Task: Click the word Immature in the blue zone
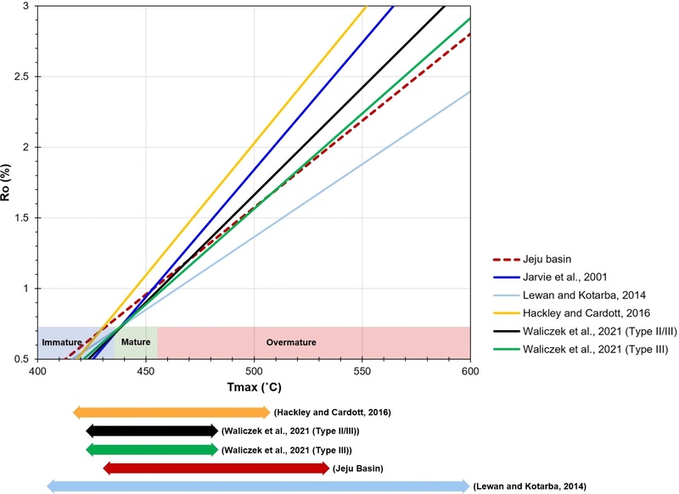62,343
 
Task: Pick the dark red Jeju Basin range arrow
216,468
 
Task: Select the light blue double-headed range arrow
258,486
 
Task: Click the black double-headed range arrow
152,431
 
